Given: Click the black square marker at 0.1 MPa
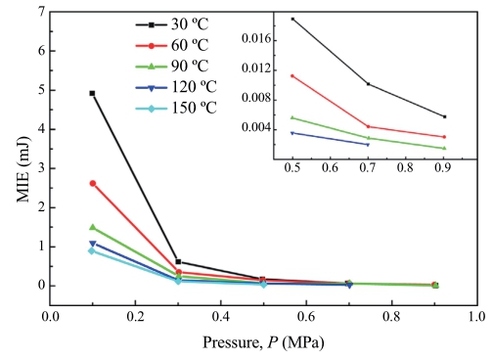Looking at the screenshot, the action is click(x=92, y=93).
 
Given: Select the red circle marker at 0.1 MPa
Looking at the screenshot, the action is click(x=93, y=184).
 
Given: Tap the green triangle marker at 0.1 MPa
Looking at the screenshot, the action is click(x=93, y=227).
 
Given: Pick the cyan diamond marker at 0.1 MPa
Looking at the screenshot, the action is click(x=92, y=250).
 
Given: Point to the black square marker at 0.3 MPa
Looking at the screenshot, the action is click(x=178, y=262).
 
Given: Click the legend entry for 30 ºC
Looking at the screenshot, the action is click(x=172, y=24).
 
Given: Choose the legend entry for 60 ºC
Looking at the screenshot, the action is click(x=172, y=45).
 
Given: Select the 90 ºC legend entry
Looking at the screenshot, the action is click(x=172, y=67).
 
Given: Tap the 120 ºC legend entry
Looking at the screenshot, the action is click(x=176, y=87).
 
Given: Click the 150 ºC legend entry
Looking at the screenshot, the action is click(x=176, y=108).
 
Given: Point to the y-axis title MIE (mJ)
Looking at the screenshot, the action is click(x=23, y=168).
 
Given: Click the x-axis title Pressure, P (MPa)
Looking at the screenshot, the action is click(x=263, y=342).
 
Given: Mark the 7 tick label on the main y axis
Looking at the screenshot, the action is click(x=41, y=12).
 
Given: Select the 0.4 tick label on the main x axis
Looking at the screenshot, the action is click(x=221, y=317).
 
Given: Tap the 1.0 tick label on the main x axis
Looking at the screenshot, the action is click(x=476, y=317).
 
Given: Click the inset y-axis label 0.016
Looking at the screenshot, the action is click(x=256, y=39).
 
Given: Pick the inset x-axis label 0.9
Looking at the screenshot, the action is click(x=443, y=167).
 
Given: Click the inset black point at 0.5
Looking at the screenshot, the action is click(x=292, y=19).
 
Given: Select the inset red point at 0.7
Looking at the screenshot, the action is click(x=369, y=126).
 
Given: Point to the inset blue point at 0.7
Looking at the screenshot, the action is click(x=368, y=145).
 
